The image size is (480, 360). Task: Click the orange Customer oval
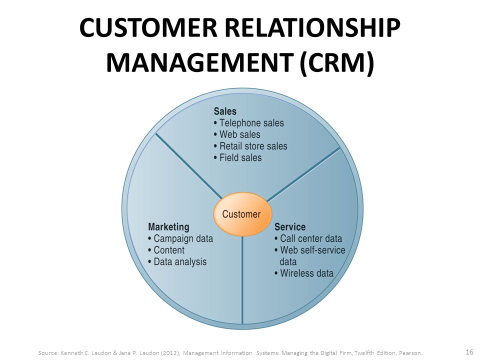point(242,214)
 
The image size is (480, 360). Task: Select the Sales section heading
point(225,111)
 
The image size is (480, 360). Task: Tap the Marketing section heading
point(168,227)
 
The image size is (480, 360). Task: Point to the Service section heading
point(290,227)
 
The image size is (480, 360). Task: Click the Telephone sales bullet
point(249,123)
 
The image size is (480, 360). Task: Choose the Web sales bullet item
point(237,134)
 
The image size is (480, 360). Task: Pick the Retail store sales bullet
point(250,146)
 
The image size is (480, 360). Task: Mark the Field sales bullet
point(238,157)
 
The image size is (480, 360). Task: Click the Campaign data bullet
point(180,238)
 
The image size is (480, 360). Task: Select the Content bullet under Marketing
point(166,250)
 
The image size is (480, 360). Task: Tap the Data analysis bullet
point(177,261)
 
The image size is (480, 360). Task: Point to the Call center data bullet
point(308,238)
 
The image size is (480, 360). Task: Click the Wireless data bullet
point(304,273)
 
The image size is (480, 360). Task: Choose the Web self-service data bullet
point(310,256)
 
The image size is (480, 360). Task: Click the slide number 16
point(469,351)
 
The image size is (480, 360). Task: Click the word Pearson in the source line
point(410,353)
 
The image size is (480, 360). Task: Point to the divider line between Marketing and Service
point(242,280)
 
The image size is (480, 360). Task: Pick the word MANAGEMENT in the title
point(200,62)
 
